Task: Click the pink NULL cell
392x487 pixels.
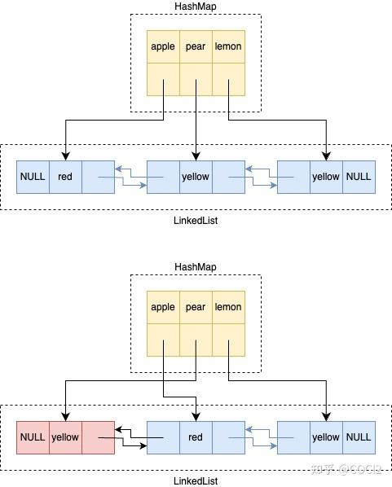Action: pos(33,437)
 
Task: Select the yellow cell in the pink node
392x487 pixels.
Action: pos(65,437)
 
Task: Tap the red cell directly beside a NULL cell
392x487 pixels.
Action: pos(65,176)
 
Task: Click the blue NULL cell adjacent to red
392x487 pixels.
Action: pos(33,176)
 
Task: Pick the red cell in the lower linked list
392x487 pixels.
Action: pos(196,437)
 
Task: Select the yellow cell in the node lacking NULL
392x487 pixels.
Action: pos(196,176)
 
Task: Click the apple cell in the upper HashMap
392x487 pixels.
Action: pos(163,46)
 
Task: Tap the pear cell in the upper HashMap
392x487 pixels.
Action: pos(196,46)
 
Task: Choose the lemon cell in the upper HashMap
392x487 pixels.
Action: pos(228,46)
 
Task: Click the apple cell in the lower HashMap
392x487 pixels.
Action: pos(163,307)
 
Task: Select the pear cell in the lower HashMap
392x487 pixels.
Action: pos(196,307)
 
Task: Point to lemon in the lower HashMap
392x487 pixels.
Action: pos(228,307)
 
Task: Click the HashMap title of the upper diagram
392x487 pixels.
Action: pos(196,7)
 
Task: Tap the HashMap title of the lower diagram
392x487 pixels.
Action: pos(196,267)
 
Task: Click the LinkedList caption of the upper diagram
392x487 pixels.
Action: pos(196,221)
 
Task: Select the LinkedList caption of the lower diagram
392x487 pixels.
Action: pos(196,481)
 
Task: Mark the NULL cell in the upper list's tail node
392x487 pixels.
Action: pos(359,176)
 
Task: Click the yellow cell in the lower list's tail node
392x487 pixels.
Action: pos(326,437)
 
